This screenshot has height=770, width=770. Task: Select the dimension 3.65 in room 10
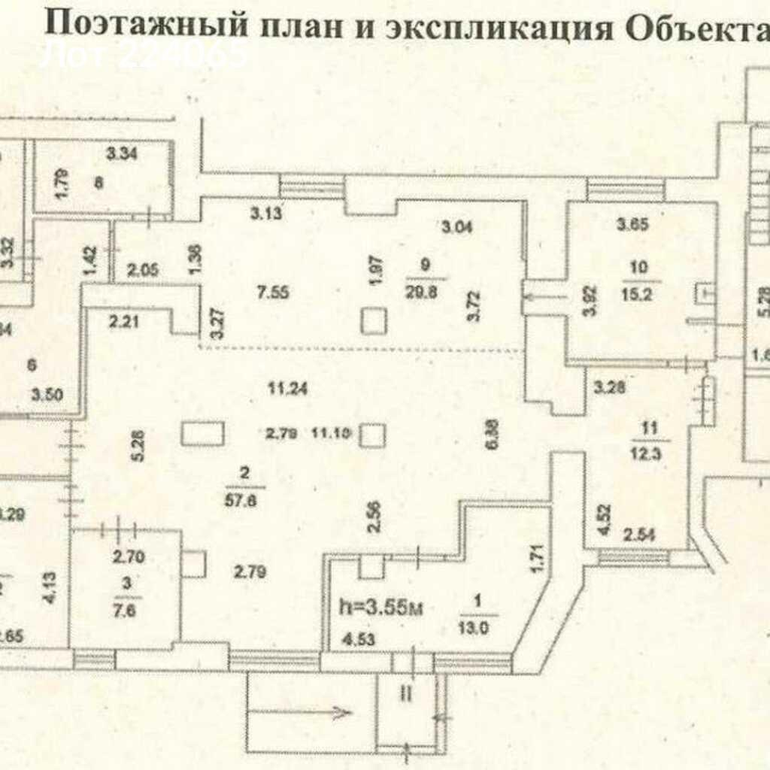pyautogui.click(x=632, y=224)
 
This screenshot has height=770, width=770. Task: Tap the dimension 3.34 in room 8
pyautogui.click(x=122, y=156)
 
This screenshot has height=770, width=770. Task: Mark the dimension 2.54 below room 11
pyautogui.click(x=639, y=536)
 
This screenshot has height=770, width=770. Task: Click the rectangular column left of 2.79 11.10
pyautogui.click(x=202, y=435)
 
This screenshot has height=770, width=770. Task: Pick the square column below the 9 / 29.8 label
pyautogui.click(x=373, y=322)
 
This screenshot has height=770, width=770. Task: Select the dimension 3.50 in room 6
pyautogui.click(x=46, y=393)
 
